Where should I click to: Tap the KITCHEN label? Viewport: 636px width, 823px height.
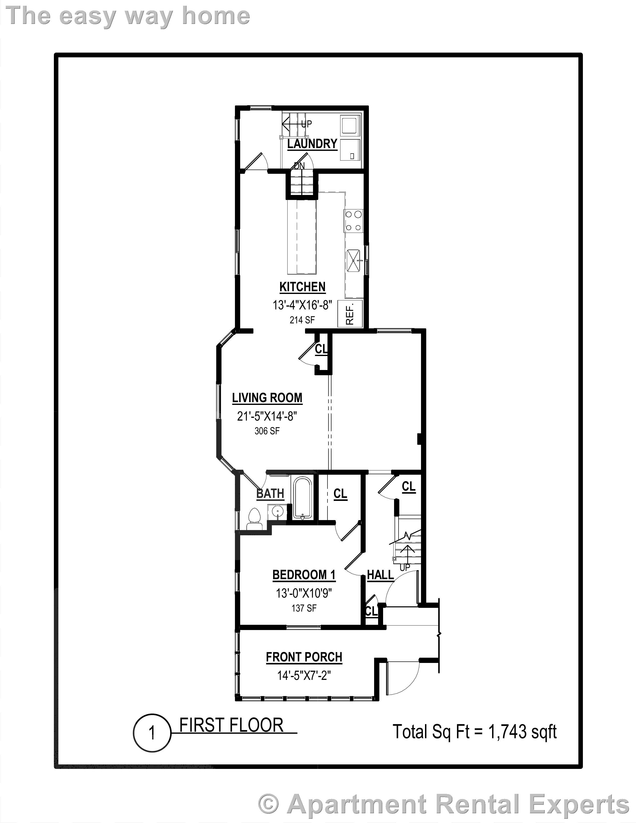302,287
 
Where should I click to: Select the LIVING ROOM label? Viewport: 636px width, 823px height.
267,398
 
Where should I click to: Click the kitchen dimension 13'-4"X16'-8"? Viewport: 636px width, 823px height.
302,305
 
